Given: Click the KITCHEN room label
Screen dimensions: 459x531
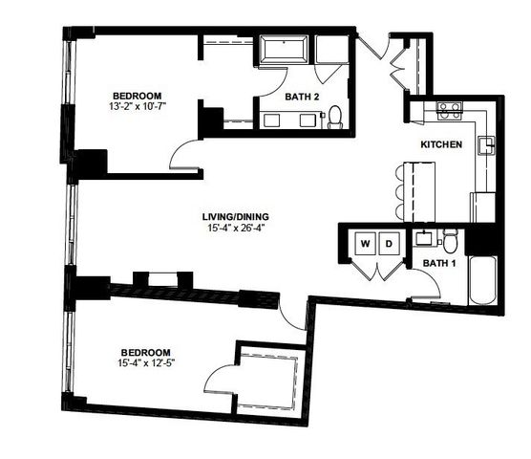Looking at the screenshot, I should point(442,144).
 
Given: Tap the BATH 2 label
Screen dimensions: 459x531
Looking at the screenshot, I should point(303,96).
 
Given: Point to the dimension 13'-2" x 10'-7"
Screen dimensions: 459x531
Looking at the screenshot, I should point(136,107).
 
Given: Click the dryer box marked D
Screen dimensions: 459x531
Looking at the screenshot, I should point(390,245).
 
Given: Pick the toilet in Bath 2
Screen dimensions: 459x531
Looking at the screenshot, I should point(335,117).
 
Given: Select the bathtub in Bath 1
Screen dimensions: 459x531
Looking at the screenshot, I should point(482,279).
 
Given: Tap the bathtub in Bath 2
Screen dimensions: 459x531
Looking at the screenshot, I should point(284,50).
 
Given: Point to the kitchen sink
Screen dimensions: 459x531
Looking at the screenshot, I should point(487,145).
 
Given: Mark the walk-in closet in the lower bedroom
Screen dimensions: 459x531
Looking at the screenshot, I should point(272,381).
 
